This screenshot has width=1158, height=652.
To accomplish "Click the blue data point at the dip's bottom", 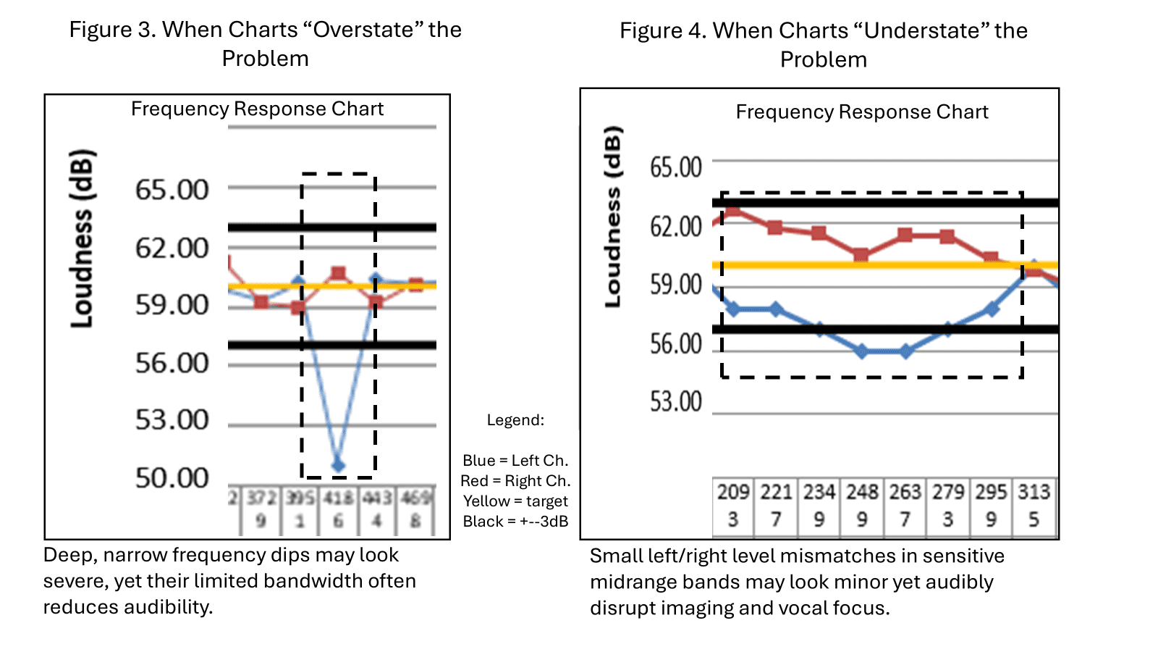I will (338, 465).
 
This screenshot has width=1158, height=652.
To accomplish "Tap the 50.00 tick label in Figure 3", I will (172, 478).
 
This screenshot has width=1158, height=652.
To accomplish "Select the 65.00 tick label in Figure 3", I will (172, 190).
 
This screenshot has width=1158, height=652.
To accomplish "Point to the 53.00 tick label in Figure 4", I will (676, 401).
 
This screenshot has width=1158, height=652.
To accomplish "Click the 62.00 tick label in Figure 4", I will (676, 227).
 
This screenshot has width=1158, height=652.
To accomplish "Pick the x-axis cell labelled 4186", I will (338, 510).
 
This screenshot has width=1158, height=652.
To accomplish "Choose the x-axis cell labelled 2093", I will (733, 505).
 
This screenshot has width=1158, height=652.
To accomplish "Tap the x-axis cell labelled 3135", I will (1034, 505).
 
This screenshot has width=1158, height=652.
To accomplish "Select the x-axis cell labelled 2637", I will (905, 505).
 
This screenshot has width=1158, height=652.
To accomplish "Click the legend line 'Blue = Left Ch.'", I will (515, 461).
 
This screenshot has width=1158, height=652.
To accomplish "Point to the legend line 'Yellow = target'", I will (515, 501).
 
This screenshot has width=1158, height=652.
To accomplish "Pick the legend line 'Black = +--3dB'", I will (515, 522).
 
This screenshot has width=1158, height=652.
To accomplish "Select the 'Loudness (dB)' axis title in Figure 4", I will (613, 217).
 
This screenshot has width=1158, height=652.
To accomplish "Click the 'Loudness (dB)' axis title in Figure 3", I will (82, 238).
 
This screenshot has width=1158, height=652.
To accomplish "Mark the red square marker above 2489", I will (861, 255).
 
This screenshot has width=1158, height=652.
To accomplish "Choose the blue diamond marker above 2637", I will (905, 351).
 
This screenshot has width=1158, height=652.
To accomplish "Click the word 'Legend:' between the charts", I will (515, 420).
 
